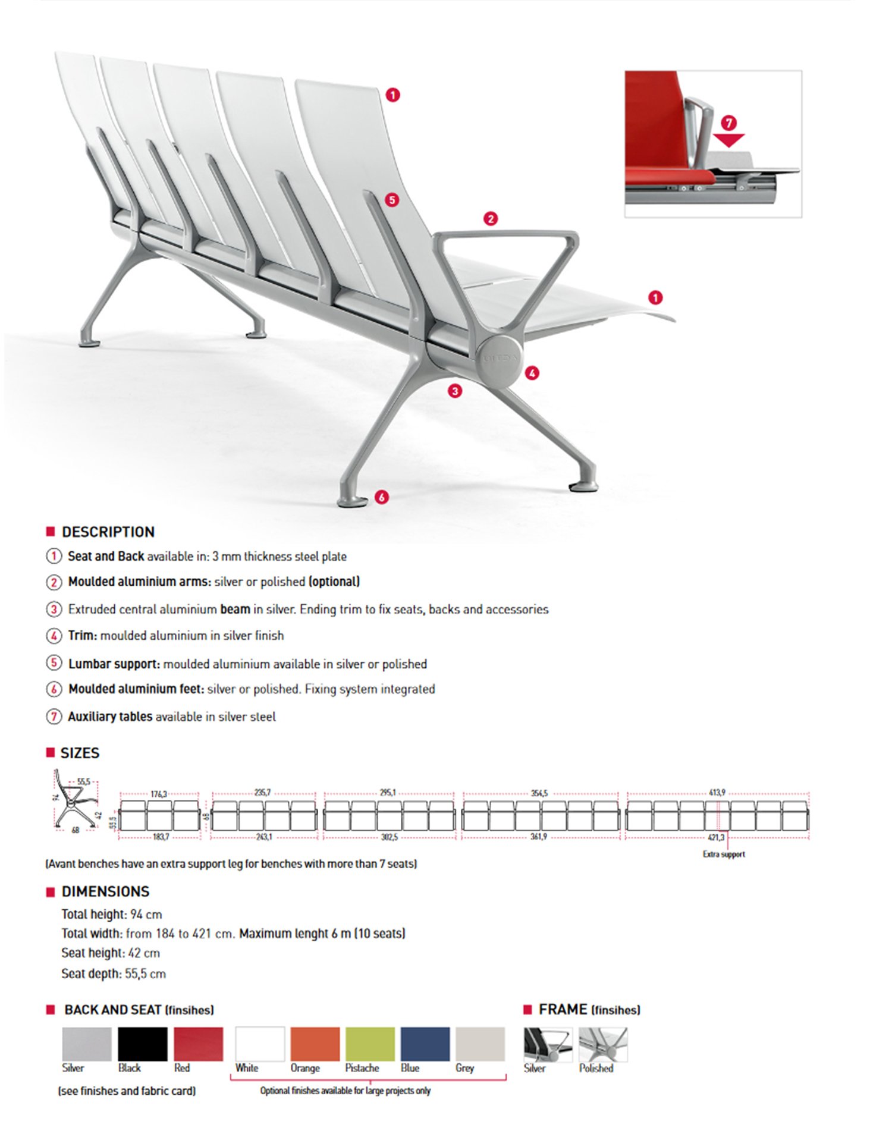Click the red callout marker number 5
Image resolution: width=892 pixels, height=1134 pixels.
click(x=392, y=200)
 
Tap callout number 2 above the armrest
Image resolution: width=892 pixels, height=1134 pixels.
click(x=491, y=219)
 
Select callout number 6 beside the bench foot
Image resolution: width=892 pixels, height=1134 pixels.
click(x=382, y=497)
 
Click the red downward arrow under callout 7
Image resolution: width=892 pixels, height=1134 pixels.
click(x=728, y=140)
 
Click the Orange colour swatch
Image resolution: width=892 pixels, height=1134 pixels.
click(x=315, y=1044)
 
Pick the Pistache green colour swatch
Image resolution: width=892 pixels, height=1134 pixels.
click(x=370, y=1044)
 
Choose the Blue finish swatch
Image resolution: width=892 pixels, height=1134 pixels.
click(x=425, y=1044)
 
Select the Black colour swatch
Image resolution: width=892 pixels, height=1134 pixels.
click(x=143, y=1044)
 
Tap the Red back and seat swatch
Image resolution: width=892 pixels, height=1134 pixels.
click(x=199, y=1044)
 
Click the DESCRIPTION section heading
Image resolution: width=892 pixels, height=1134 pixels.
click(x=108, y=532)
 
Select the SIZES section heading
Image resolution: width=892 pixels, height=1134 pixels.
click(x=80, y=753)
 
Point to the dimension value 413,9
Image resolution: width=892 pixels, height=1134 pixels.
click(x=717, y=793)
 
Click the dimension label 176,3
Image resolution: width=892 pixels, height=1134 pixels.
click(x=159, y=794)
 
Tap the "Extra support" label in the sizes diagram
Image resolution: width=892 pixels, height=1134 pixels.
click(x=724, y=854)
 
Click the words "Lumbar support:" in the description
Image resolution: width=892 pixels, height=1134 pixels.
click(x=114, y=664)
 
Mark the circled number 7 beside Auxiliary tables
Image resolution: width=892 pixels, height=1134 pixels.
click(x=54, y=717)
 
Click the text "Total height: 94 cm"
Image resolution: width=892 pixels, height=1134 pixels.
click(x=112, y=914)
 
